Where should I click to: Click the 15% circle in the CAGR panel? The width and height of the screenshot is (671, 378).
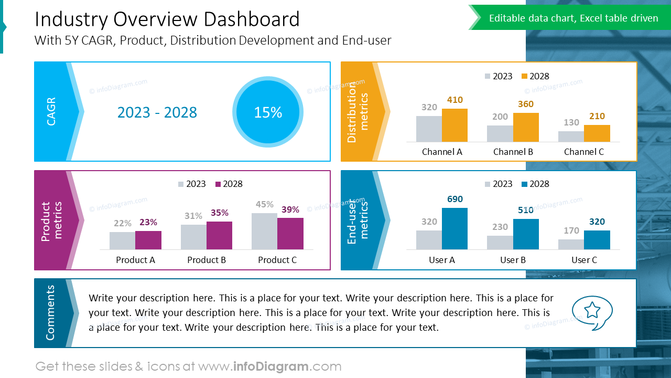tap(268, 112)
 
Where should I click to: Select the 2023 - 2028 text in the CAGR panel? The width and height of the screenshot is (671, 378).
tap(157, 112)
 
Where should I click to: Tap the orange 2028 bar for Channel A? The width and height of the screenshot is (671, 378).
tap(454, 125)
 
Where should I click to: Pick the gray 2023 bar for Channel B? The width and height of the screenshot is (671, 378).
tap(500, 133)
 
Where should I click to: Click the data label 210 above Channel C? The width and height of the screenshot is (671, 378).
tap(597, 116)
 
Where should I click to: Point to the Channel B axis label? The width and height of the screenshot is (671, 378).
tap(513, 152)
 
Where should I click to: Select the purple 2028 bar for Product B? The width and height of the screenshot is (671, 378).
tap(219, 235)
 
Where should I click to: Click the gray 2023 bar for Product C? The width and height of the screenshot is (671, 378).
tap(264, 231)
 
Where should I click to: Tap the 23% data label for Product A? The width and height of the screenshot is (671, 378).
tap(148, 222)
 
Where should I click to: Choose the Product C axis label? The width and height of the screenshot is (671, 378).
tap(277, 260)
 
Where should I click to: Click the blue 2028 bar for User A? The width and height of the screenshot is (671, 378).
tap(454, 228)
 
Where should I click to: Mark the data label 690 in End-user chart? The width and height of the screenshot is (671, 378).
tap(454, 199)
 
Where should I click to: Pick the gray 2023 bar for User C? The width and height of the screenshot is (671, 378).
tap(571, 244)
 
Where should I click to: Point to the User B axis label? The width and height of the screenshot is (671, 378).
tap(513, 260)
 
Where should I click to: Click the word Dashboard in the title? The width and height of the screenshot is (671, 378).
tap(251, 19)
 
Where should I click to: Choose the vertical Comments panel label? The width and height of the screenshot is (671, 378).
tap(50, 313)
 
